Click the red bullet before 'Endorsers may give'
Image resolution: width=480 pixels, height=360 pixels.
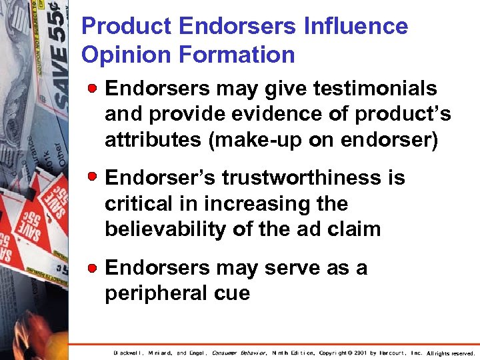point(95,89)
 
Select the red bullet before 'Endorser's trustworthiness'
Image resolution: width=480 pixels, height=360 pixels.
point(95,178)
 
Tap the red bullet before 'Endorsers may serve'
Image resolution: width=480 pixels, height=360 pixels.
point(95,268)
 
